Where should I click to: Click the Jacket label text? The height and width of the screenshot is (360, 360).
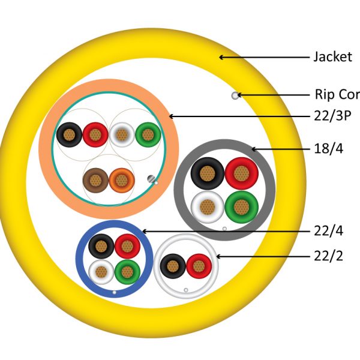pyautogui.click(x=332, y=57)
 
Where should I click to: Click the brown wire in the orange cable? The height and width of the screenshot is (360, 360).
pyautogui.click(x=94, y=179)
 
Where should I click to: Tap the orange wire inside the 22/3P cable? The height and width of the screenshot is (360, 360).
pyautogui.click(x=121, y=179)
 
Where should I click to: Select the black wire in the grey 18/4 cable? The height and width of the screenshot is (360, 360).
pyautogui.click(x=207, y=174)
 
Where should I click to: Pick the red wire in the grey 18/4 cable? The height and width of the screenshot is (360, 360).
pyautogui.click(x=241, y=174)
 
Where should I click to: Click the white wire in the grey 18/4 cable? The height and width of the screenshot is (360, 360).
pyautogui.click(x=207, y=208)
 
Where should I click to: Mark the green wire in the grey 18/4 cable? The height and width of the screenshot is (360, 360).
pyautogui.click(x=241, y=208)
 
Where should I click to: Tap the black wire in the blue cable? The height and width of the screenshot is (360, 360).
pyautogui.click(x=100, y=246)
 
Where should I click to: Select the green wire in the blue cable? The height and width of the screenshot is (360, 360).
pyautogui.click(x=127, y=272)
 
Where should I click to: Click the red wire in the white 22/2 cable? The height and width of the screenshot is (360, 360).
pyautogui.click(x=199, y=266)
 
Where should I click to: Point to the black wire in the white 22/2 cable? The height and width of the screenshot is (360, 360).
pyautogui.click(x=173, y=266)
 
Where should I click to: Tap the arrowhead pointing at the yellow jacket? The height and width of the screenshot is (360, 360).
pyautogui.click(x=221, y=57)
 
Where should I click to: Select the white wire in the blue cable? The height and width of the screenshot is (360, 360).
pyautogui.click(x=100, y=272)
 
